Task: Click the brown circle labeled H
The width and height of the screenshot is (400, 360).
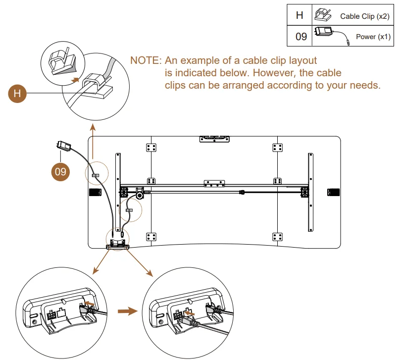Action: coord(18,93)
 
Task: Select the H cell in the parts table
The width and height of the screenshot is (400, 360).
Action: coord(300,15)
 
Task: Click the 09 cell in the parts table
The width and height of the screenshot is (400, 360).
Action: coord(300,37)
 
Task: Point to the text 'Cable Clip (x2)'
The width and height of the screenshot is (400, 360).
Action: coord(364,16)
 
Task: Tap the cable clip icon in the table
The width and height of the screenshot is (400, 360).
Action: coord(322,15)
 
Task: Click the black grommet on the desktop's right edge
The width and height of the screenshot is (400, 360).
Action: coord(333,192)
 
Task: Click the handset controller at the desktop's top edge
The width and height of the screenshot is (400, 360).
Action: coord(215,139)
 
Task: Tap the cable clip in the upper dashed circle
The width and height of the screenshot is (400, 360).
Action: coord(96,175)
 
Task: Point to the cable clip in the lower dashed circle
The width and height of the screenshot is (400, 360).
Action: coord(129,210)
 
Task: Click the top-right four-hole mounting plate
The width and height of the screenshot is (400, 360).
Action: coord(277,147)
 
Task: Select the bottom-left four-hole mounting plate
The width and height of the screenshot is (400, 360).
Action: coord(151,236)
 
